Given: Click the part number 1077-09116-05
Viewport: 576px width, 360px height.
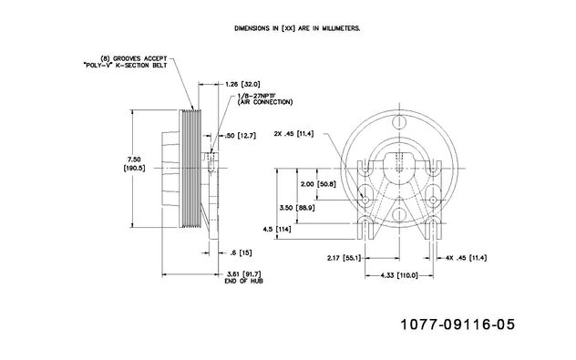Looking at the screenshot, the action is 458,324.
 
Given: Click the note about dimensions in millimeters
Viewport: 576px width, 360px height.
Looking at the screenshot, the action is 297,28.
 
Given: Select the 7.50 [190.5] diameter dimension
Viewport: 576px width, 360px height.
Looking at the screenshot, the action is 134,164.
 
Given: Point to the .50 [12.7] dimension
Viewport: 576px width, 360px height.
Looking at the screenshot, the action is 241,136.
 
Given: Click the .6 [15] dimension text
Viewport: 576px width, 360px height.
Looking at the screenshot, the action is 241,252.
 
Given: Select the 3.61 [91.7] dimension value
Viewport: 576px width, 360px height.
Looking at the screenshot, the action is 244,274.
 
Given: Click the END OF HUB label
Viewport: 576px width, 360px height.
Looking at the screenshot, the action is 244,281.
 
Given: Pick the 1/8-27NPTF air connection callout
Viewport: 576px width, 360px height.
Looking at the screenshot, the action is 265,98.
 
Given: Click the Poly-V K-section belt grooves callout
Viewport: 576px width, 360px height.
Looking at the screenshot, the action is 125,62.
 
